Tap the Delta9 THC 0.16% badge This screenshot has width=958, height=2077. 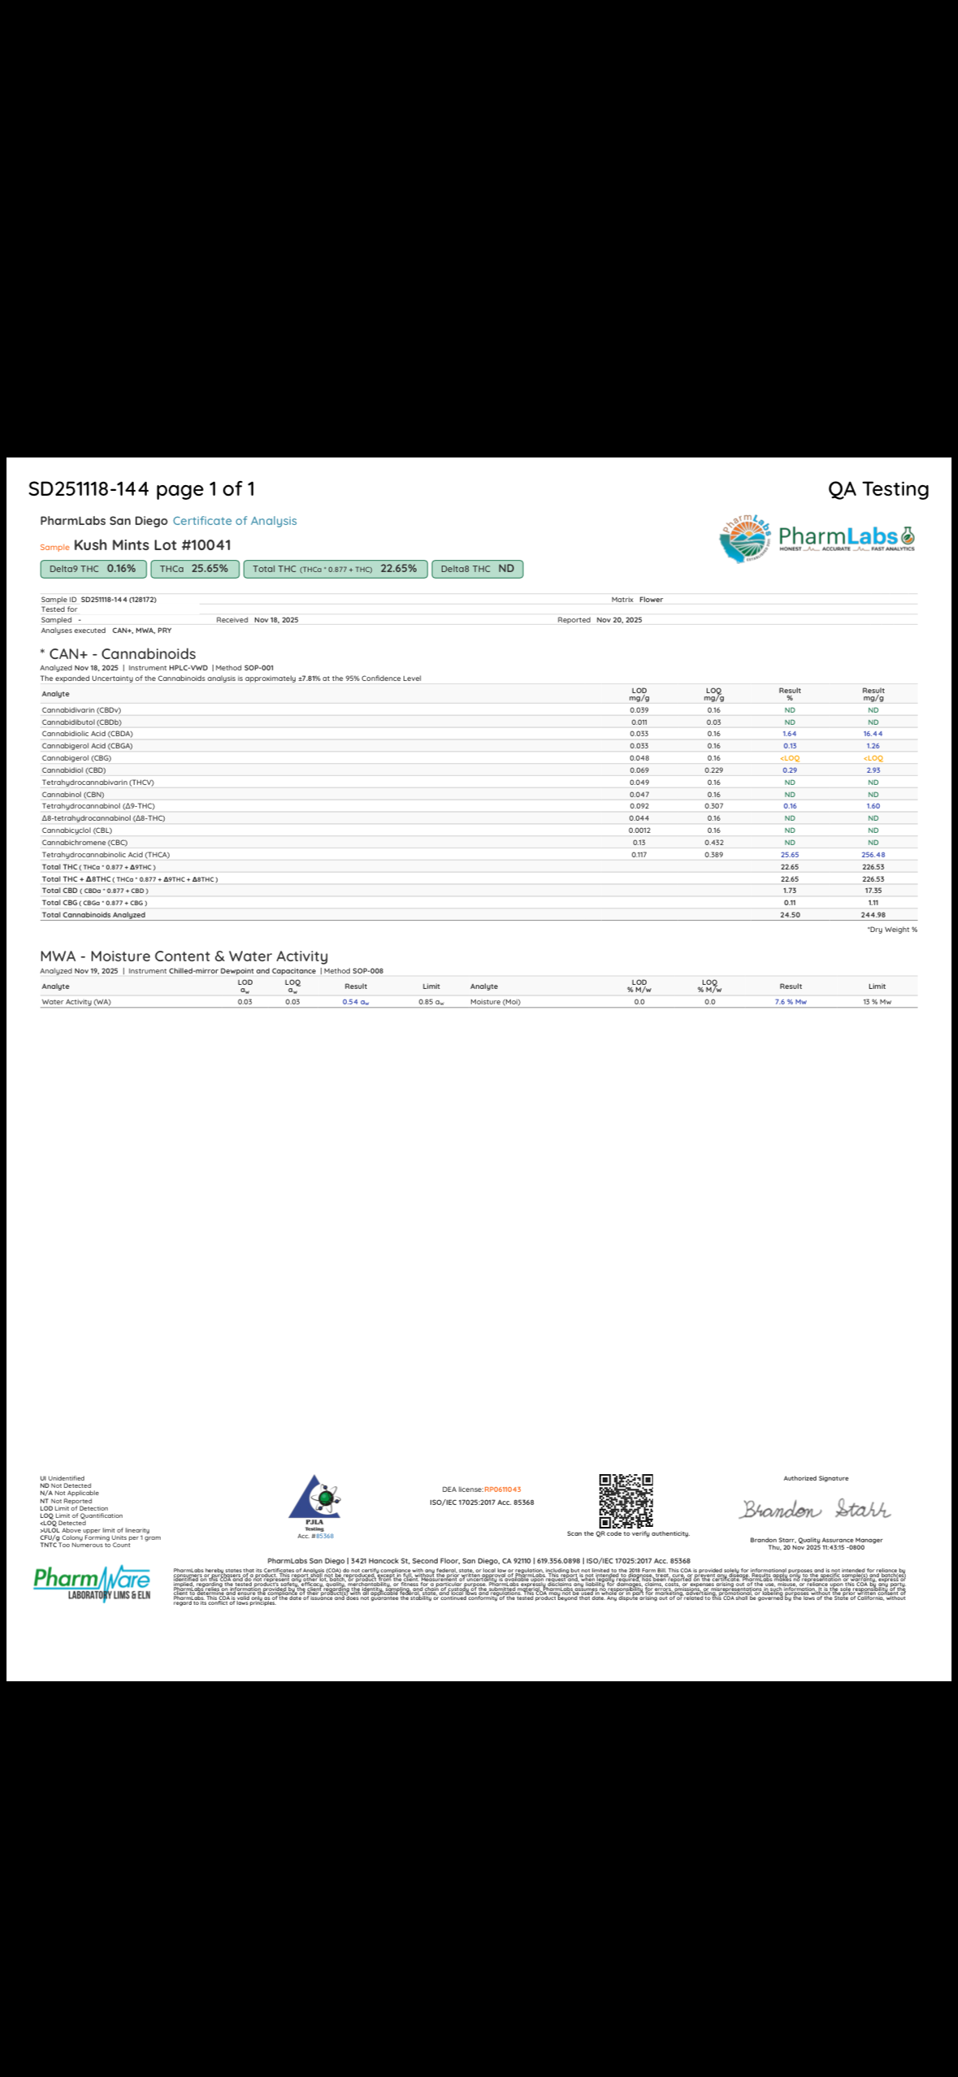[x=93, y=569]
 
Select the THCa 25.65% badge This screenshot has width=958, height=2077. [x=194, y=569]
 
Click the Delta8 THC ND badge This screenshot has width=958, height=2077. [x=477, y=569]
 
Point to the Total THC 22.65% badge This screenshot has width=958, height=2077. [x=335, y=569]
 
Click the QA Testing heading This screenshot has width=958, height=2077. [x=878, y=489]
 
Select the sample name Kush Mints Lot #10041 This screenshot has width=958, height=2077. [x=152, y=545]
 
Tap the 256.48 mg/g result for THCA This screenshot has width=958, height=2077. [x=873, y=855]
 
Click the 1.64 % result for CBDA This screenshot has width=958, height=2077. [x=789, y=734]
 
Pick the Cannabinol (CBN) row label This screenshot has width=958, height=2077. [x=73, y=795]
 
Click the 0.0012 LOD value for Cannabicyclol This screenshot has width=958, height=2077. [x=639, y=830]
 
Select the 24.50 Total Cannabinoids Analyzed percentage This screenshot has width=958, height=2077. [x=789, y=915]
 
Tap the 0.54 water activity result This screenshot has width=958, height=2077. [x=355, y=1002]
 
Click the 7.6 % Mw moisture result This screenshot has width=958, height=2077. [x=790, y=1002]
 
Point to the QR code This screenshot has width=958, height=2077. [x=626, y=1501]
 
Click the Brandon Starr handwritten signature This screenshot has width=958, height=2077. [x=815, y=1509]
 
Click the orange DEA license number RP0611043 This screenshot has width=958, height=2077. [x=502, y=1489]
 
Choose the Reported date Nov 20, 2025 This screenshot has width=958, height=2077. [x=618, y=620]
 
